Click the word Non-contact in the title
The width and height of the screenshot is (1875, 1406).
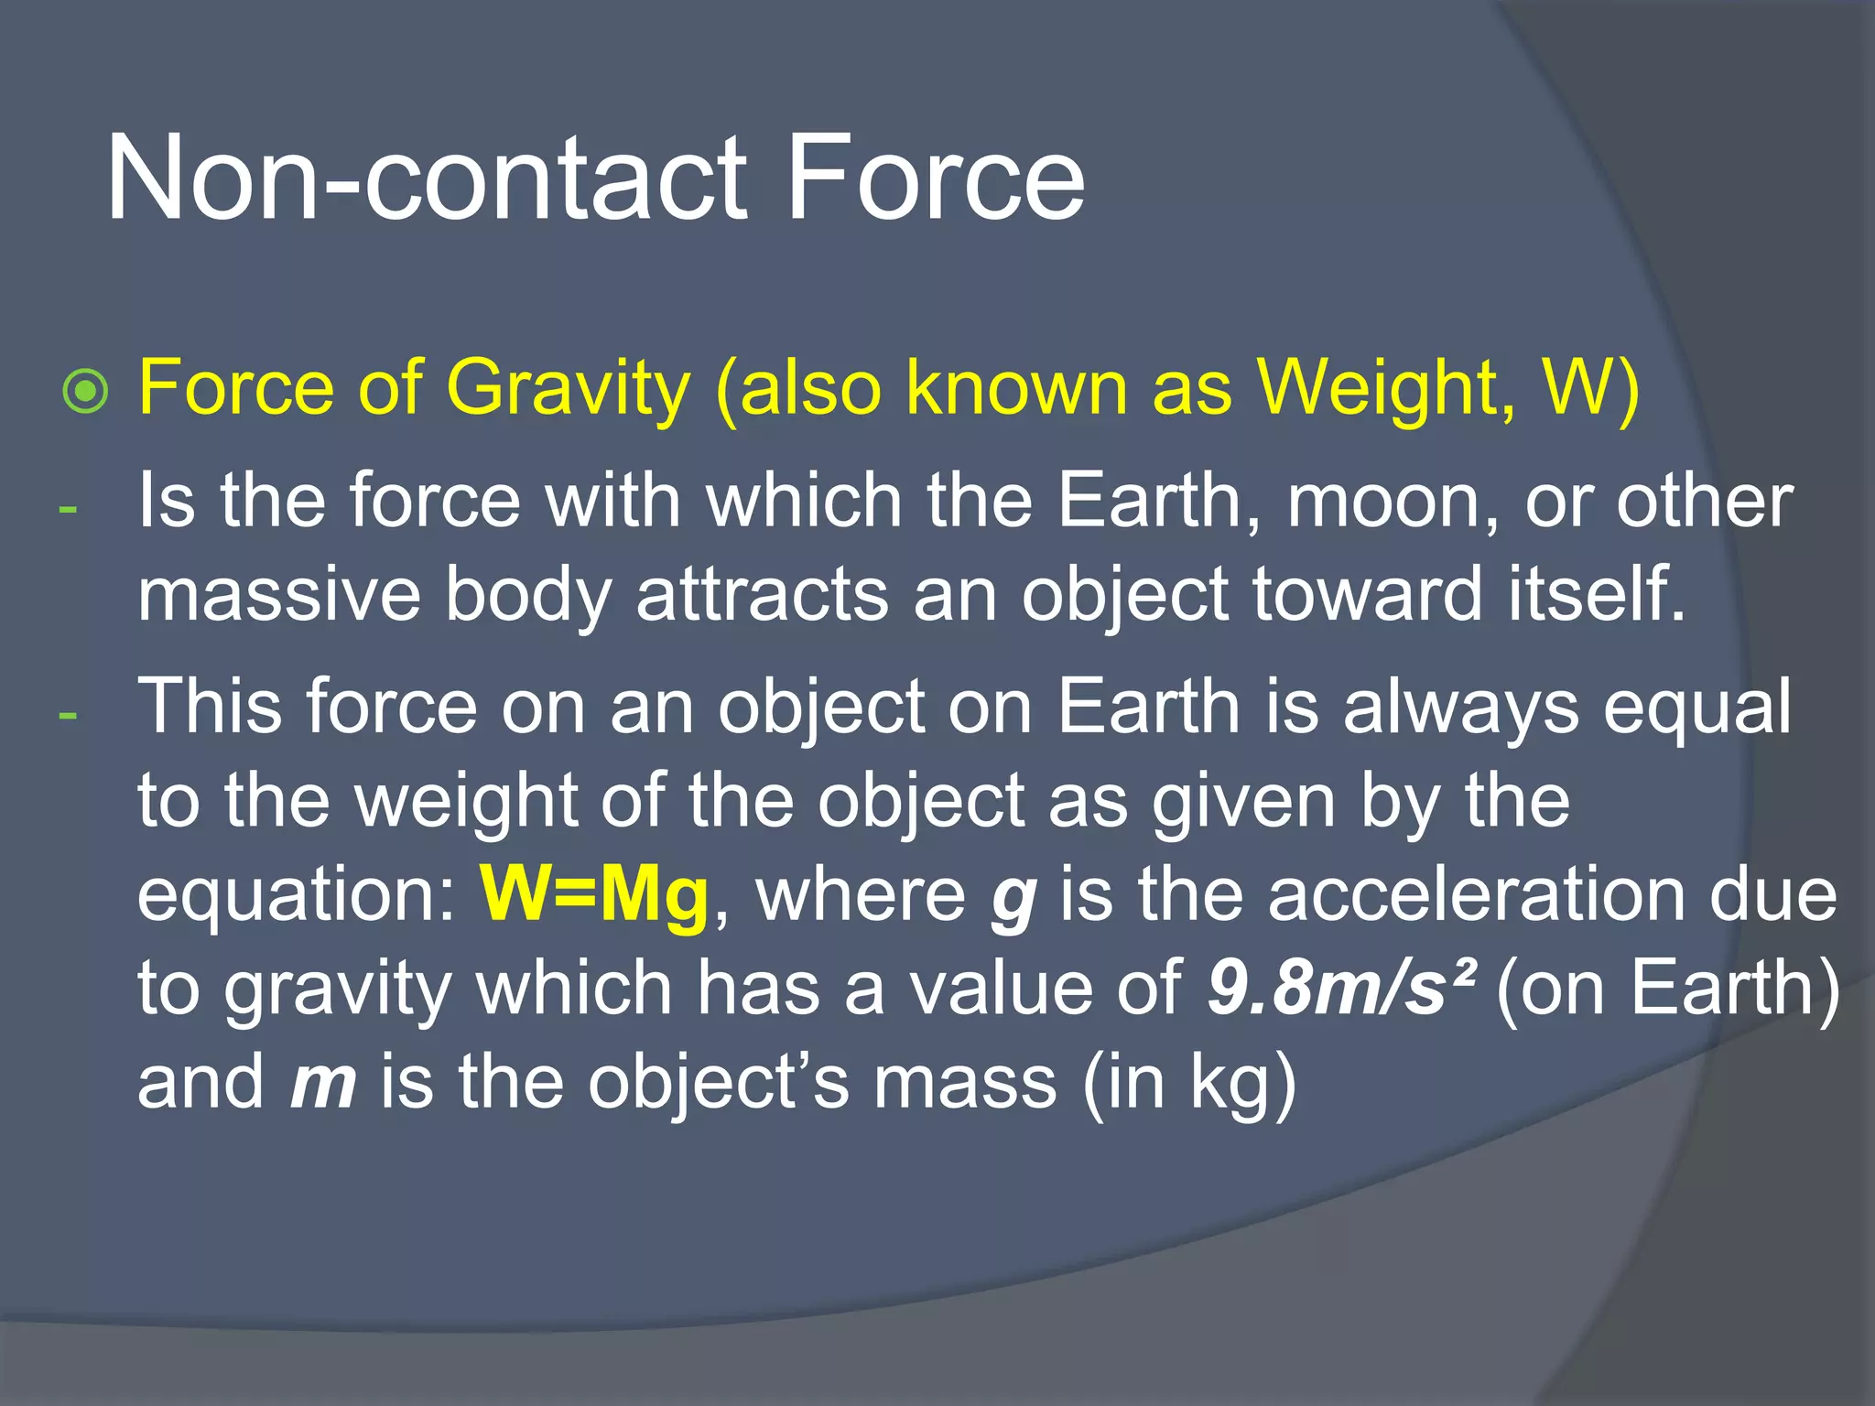[x=427, y=178]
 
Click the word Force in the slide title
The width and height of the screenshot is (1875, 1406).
[x=935, y=178]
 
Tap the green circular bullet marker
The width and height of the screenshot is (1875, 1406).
[x=86, y=392]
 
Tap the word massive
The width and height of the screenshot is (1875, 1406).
[x=279, y=595]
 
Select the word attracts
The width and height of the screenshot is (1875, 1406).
[x=762, y=595]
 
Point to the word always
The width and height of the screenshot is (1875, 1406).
[x=1461, y=708]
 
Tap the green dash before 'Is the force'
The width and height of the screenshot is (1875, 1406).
[x=67, y=508]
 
